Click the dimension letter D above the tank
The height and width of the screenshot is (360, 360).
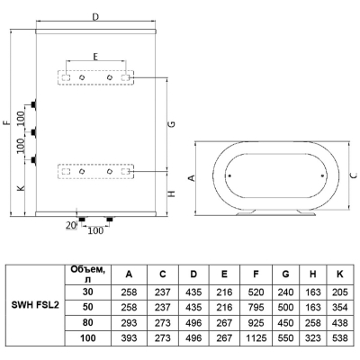pyautogui.click(x=95, y=17)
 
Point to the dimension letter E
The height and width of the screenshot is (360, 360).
pyautogui.click(x=95, y=57)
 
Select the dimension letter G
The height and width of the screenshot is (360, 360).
pyautogui.click(x=172, y=123)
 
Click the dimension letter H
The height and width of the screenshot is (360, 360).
pyautogui.click(x=172, y=193)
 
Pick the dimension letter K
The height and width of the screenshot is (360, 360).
pyautogui.click(x=21, y=188)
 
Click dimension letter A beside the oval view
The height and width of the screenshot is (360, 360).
pyautogui.click(x=192, y=178)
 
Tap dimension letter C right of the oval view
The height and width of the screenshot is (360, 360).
pyautogui.click(x=355, y=175)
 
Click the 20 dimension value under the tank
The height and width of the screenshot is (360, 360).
pyautogui.click(x=71, y=225)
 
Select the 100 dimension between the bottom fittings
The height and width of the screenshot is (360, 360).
pyautogui.click(x=95, y=230)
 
